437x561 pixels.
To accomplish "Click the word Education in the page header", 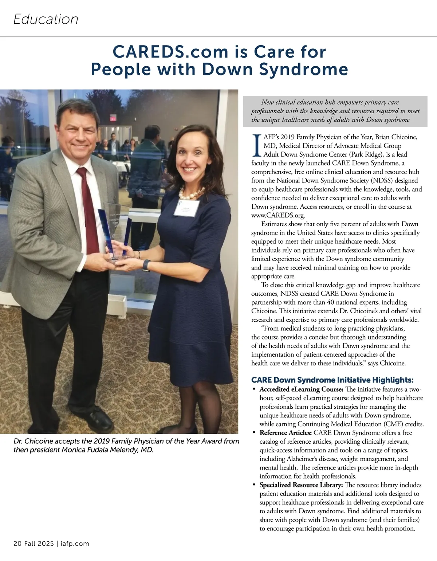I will click(x=46, y=19).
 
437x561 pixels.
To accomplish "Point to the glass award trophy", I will click(x=115, y=229).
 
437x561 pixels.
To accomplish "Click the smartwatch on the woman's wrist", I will click(x=146, y=265).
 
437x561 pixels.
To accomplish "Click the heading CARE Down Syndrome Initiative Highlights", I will click(x=332, y=380).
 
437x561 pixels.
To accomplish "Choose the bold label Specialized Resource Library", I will click(x=301, y=485).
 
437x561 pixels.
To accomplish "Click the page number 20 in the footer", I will click(x=17, y=544).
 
